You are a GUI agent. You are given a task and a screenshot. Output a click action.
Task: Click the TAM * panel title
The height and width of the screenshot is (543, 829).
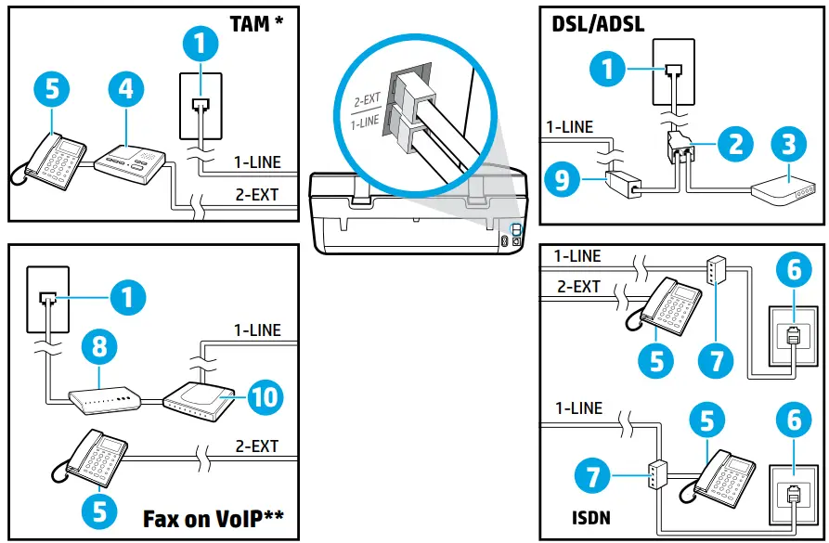coord(256,23)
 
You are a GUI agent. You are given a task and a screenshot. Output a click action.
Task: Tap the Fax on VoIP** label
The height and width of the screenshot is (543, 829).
coord(214,516)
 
